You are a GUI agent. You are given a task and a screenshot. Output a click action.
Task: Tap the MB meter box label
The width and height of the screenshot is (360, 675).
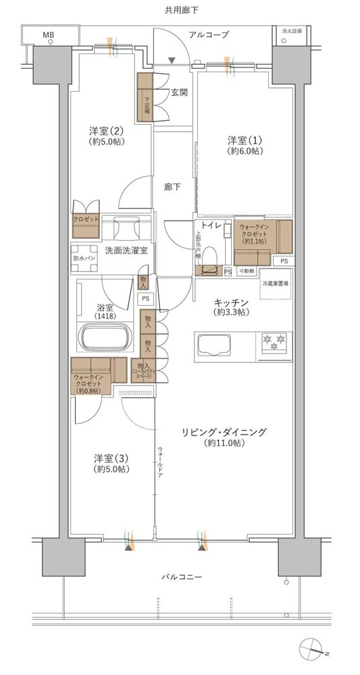pos(49,34)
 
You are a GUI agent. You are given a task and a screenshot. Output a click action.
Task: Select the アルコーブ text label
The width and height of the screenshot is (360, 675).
pos(209,34)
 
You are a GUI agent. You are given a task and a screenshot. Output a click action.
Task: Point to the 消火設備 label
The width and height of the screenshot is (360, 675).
pos(292,30)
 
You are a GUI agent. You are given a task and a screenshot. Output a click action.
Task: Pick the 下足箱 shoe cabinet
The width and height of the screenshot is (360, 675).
pos(146,97)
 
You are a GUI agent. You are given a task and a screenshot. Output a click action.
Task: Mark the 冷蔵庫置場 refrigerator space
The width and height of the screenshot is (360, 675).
pos(276,283)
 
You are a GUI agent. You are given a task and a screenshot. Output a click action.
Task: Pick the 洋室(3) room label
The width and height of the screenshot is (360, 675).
pos(111,463)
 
